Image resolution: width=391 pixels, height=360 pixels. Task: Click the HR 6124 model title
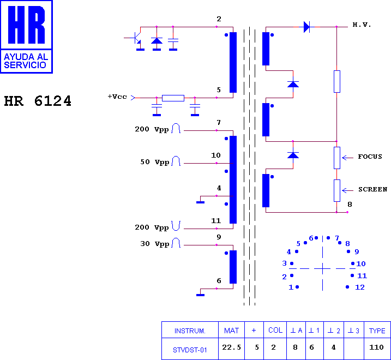(x=38, y=101)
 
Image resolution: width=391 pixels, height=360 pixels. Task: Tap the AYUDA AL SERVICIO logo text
(x=26, y=61)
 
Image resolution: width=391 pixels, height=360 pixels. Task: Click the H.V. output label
(x=362, y=25)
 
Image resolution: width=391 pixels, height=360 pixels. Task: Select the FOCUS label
(x=370, y=157)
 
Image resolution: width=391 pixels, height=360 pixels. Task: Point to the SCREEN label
(x=372, y=189)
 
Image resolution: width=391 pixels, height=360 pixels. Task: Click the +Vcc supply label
(x=117, y=97)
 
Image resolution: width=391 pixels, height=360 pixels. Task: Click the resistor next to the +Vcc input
(x=173, y=98)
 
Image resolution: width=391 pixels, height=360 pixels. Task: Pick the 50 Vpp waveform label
(x=155, y=162)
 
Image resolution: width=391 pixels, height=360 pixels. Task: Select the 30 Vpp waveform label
(x=155, y=244)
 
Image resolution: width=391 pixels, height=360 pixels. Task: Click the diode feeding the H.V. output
(x=307, y=27)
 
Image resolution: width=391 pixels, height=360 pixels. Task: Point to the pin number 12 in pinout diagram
(x=360, y=287)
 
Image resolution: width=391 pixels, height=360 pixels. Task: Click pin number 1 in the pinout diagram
(x=291, y=287)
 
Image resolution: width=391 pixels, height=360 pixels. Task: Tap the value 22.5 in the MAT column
(x=231, y=347)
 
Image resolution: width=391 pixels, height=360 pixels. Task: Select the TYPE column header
(x=377, y=331)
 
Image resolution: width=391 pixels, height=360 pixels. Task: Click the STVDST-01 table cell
(x=190, y=350)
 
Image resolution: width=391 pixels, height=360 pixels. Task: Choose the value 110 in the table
(x=376, y=347)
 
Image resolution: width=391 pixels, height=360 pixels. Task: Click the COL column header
(x=275, y=331)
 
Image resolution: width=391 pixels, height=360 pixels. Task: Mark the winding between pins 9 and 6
(x=233, y=267)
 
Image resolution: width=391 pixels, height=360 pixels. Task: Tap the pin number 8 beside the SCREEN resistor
(x=350, y=205)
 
